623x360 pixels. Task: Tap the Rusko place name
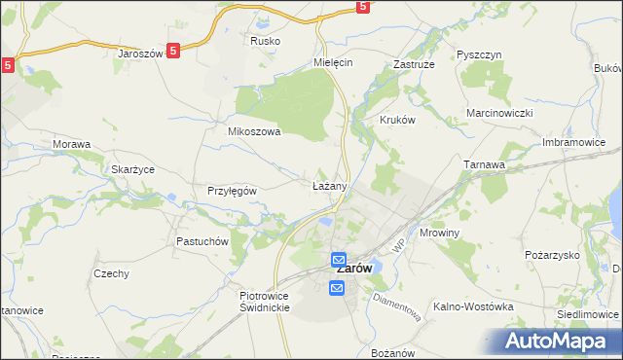click(x=265, y=42)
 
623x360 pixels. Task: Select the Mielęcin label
click(x=332, y=61)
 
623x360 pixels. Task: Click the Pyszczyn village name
click(x=478, y=55)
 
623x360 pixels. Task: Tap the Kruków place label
click(x=396, y=120)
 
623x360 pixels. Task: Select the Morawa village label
click(x=71, y=145)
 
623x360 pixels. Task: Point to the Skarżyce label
click(x=132, y=169)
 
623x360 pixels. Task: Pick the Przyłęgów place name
click(x=232, y=191)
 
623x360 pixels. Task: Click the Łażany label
click(x=329, y=185)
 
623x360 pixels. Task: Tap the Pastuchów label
click(x=202, y=241)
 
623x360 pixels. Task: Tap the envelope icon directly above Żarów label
click(x=338, y=260)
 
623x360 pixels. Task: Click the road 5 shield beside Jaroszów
click(x=173, y=53)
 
